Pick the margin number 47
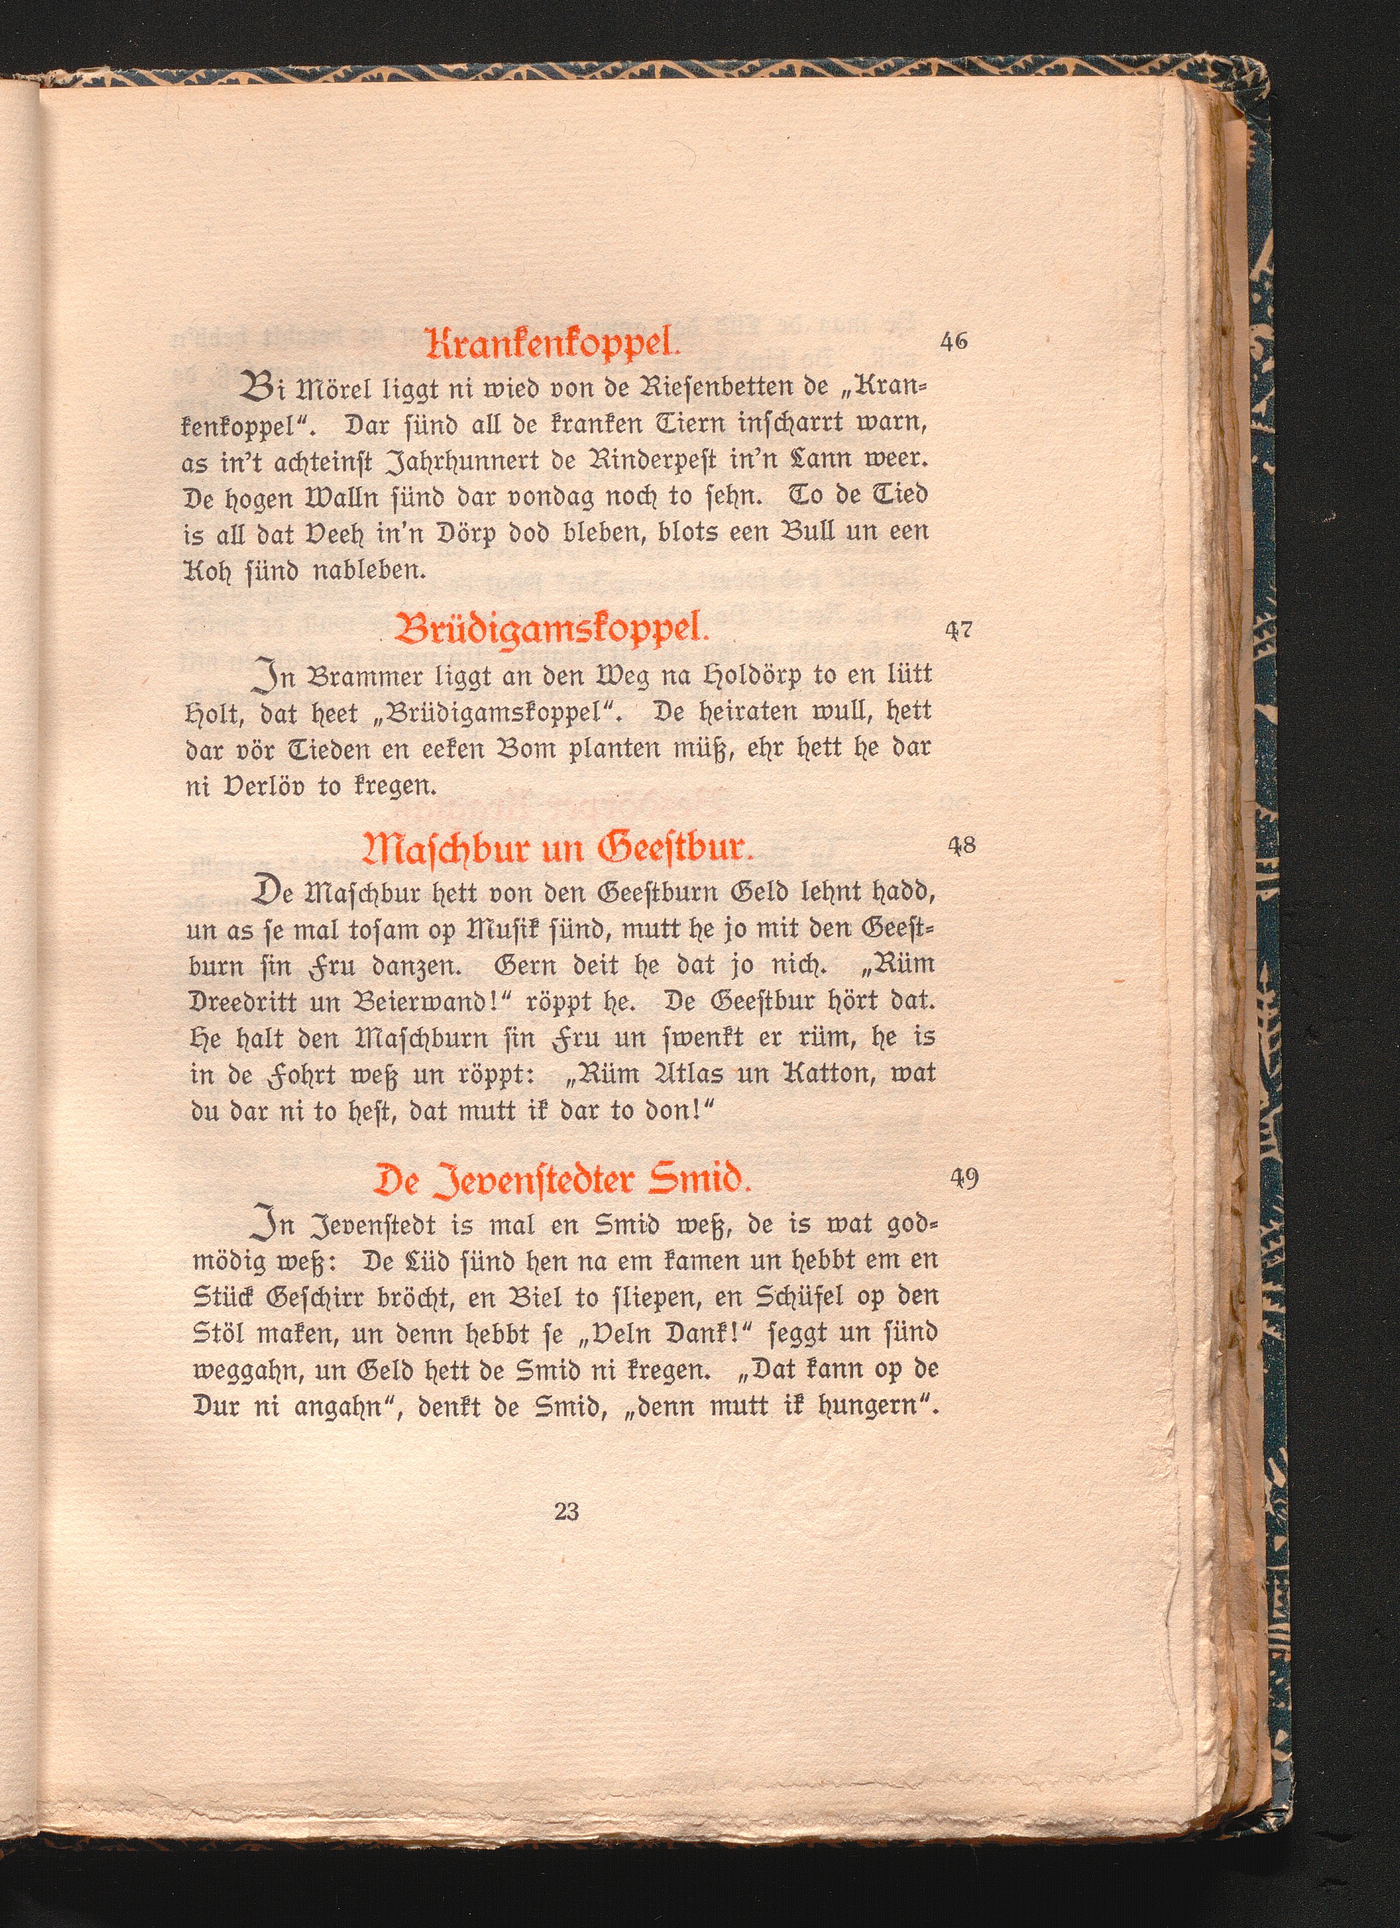(x=959, y=631)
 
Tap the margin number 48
(x=961, y=847)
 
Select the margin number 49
(x=964, y=1179)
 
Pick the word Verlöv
(x=244, y=787)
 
